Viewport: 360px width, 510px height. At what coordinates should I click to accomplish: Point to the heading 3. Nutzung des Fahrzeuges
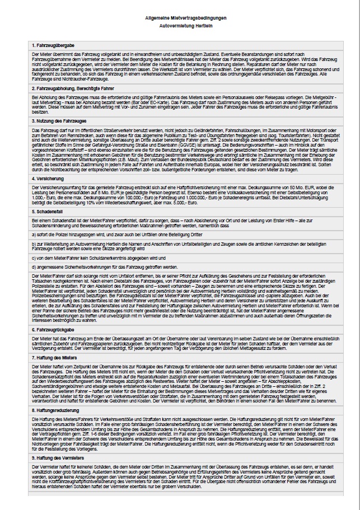59,120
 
